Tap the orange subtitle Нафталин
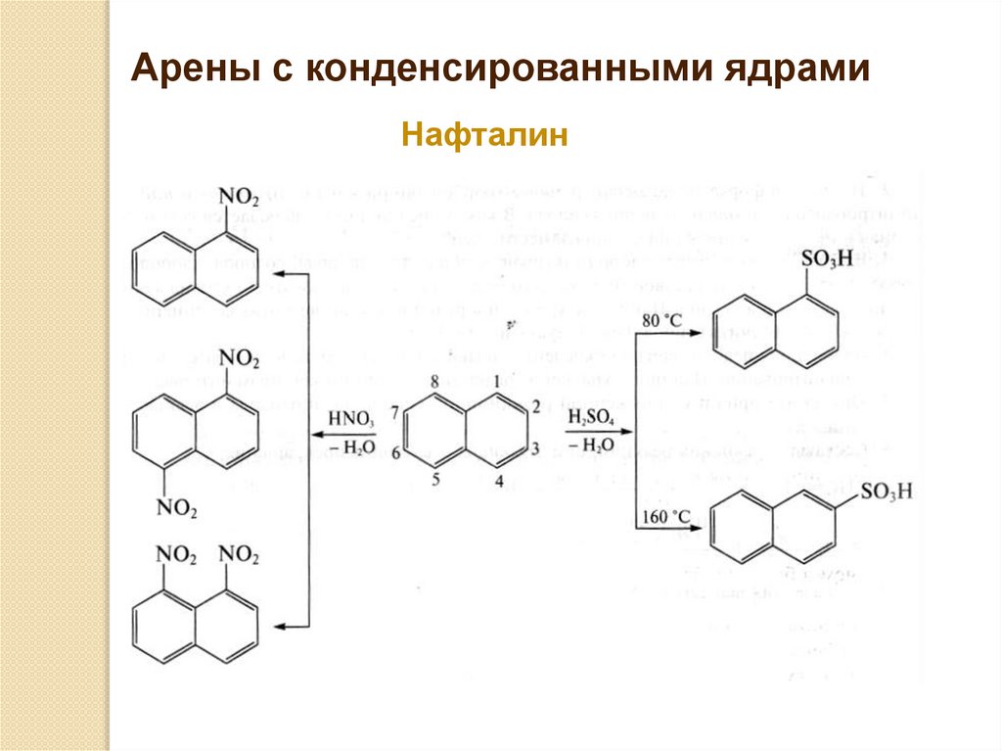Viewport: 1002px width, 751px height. (484, 134)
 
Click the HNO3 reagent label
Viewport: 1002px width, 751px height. (351, 418)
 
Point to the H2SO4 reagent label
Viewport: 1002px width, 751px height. (592, 418)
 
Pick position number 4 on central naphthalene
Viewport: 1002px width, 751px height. (498, 481)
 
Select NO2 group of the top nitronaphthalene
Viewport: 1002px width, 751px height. (239, 197)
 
